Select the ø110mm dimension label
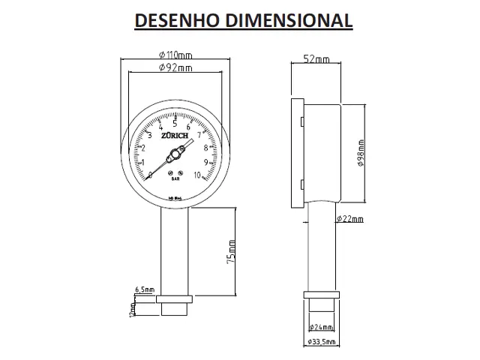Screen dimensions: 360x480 pyautogui.click(x=175, y=55)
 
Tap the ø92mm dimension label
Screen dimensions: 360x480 pyautogui.click(x=175, y=68)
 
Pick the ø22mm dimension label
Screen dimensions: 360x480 pyautogui.click(x=349, y=219)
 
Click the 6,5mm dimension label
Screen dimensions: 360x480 pyautogui.click(x=145, y=289)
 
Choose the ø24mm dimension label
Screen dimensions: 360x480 pyautogui.click(x=322, y=327)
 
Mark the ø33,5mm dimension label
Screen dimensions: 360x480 pyautogui.click(x=322, y=343)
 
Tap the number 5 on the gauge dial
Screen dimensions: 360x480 pyautogui.click(x=175, y=124)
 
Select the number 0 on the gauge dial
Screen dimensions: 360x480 pyautogui.click(x=150, y=175)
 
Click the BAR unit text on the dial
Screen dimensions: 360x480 pyautogui.click(x=175, y=179)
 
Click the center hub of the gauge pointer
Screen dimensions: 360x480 pyautogui.click(x=175, y=154)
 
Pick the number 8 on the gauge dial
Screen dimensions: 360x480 pyautogui.click(x=205, y=148)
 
